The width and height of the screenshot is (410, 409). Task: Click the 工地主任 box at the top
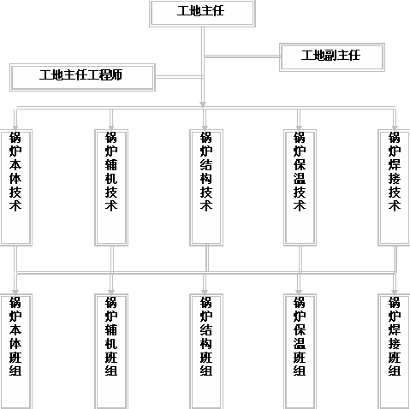pos(202,14)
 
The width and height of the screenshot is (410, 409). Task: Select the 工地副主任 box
pos(332,57)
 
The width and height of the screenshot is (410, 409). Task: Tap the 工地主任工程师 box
pos(82,77)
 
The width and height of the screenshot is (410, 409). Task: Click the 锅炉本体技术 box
pos(16,187)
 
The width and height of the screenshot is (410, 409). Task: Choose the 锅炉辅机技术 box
pos(111,187)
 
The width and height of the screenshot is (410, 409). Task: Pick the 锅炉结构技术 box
pos(206,187)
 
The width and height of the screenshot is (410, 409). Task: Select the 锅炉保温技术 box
pos(300,187)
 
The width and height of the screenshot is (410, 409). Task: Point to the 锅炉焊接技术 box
pos(394,187)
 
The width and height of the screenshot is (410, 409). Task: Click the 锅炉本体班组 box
pos(16,352)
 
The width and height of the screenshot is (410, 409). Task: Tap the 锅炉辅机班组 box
pos(111,352)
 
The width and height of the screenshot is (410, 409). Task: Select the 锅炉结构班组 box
pos(206,352)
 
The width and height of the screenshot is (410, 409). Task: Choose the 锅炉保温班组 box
pos(300,352)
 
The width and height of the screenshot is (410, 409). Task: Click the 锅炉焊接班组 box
pos(394,352)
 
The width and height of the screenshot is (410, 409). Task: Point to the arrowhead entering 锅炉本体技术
pos(15,127)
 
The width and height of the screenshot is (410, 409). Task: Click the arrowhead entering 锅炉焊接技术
pos(395,127)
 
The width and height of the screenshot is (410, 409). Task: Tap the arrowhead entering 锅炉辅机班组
pos(111,292)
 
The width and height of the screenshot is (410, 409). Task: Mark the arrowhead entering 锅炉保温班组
pos(299,292)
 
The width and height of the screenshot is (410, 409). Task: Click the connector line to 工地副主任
pos(242,56)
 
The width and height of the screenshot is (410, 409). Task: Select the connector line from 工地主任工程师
pos(179,77)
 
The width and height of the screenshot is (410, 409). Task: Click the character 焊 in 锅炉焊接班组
pos(395,329)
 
